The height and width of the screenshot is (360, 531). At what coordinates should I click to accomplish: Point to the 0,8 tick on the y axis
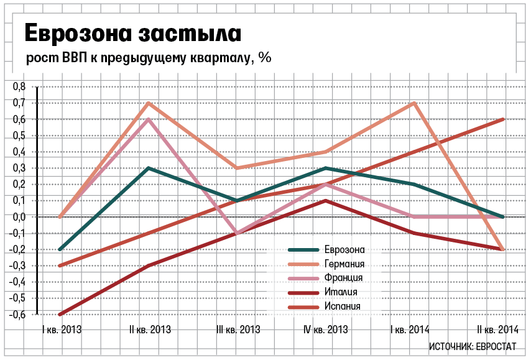tap(19, 86)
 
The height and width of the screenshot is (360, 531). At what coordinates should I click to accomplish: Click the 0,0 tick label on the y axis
tap(19, 216)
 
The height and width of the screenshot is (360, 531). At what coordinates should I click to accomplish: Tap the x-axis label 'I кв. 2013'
tap(61, 330)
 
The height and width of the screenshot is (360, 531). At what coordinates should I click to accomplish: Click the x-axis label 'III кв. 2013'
tap(238, 330)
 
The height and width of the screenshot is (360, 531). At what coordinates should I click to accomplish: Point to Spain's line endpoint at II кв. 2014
tap(502, 119)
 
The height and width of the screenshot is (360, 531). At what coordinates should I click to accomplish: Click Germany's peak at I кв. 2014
tap(414, 103)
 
